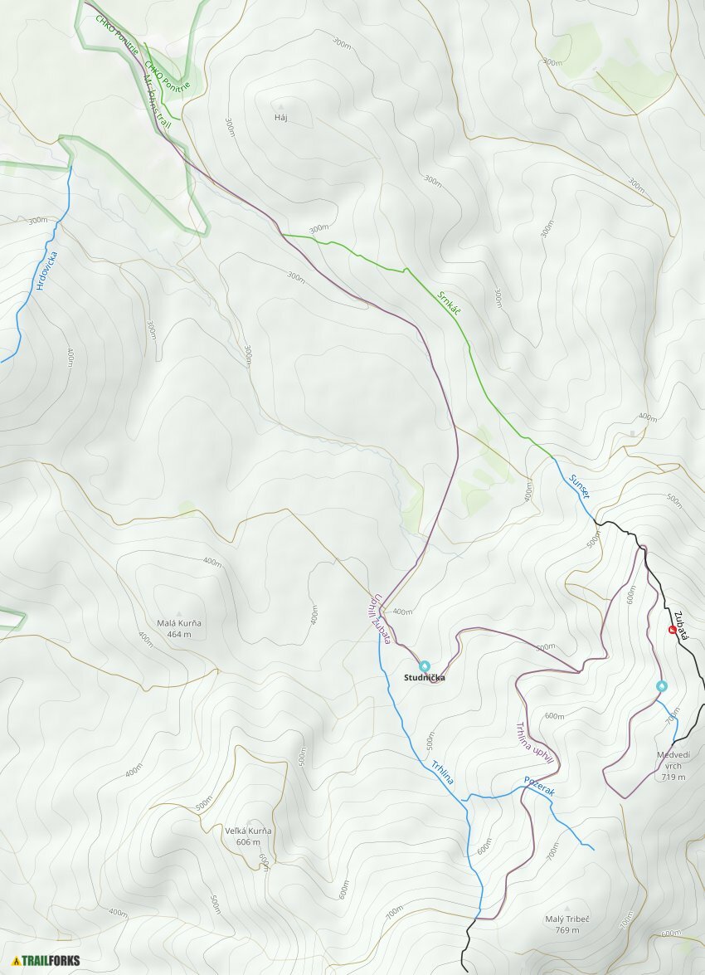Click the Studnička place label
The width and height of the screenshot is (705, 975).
pyautogui.click(x=424, y=678)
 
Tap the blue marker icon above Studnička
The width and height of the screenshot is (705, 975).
pyautogui.click(x=425, y=665)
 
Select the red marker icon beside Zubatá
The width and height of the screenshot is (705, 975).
pyautogui.click(x=672, y=630)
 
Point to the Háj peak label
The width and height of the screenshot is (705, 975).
pyautogui.click(x=280, y=118)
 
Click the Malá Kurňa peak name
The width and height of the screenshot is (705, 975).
pyautogui.click(x=179, y=623)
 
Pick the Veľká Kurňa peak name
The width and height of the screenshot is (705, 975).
pyautogui.click(x=248, y=831)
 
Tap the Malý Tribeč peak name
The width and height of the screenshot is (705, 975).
pyautogui.click(x=567, y=919)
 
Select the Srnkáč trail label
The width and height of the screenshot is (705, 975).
pyautogui.click(x=449, y=301)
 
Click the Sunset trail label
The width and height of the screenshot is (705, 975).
pyautogui.click(x=579, y=485)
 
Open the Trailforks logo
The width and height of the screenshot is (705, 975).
pyautogui.click(x=46, y=961)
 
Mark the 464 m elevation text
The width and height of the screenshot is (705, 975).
pyautogui.click(x=179, y=635)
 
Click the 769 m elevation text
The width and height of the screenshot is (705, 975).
pyautogui.click(x=567, y=930)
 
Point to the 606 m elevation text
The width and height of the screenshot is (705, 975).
pyautogui.click(x=248, y=841)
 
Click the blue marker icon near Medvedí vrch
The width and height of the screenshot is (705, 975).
pyautogui.click(x=662, y=685)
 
